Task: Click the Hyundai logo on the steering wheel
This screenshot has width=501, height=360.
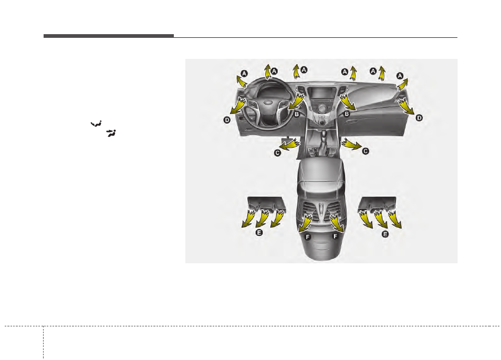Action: coord(267,103)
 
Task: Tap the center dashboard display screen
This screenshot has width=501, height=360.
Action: coord(321,94)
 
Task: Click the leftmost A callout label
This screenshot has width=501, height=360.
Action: coord(244,74)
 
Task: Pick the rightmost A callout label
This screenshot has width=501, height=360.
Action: coord(400,76)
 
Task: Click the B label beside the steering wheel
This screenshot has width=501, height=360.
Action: coord(297,114)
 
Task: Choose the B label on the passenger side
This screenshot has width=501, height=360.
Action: coord(347,114)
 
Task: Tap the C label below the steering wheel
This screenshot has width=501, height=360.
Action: coord(277,153)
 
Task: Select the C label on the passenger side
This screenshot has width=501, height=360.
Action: coord(366,151)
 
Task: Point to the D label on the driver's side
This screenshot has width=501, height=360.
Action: coord(227,120)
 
